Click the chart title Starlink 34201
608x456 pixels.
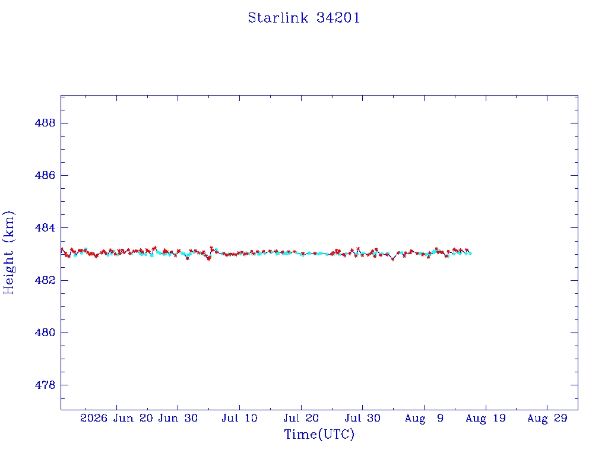point(304,18)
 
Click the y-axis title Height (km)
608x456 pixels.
point(8,253)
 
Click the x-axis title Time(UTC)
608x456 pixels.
point(319,434)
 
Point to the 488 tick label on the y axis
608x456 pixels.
point(45,123)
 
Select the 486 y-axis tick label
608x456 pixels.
point(45,175)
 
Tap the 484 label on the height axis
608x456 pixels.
point(45,227)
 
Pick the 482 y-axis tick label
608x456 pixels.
point(45,280)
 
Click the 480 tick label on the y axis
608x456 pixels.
point(45,332)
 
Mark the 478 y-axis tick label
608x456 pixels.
point(45,385)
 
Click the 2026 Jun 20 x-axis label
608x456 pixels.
point(116,418)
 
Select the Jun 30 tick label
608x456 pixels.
point(178,418)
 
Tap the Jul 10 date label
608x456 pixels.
point(239,418)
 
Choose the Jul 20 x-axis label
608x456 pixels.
point(301,418)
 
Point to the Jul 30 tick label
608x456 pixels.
point(363,418)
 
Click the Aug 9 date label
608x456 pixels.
point(424,419)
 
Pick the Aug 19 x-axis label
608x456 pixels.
point(486,419)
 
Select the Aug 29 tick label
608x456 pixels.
point(547,419)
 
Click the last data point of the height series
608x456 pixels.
point(470,253)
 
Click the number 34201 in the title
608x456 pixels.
point(338,18)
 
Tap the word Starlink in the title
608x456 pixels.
point(278,18)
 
